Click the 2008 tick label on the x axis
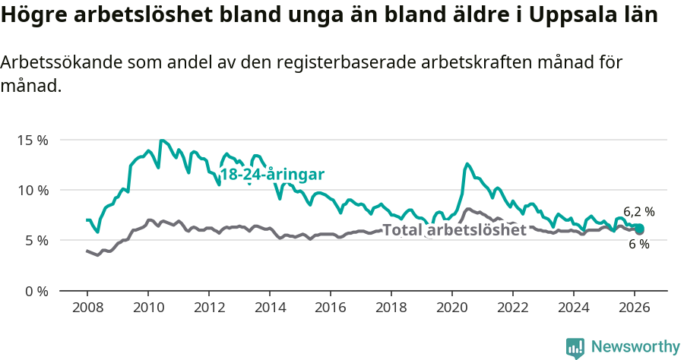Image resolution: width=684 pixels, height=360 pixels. click(87, 308)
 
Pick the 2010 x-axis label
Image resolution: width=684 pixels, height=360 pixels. click(147, 308)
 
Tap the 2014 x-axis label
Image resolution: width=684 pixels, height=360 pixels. click(269, 308)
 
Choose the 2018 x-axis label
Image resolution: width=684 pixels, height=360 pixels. click(391, 308)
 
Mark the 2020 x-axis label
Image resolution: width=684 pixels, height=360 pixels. click(452, 308)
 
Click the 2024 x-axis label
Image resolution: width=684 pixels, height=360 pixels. click(574, 308)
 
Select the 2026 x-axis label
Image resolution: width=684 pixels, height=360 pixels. click(635, 308)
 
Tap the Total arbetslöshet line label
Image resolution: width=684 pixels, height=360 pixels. click(454, 230)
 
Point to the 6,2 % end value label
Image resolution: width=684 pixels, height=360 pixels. click(638, 212)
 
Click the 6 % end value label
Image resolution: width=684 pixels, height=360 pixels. click(638, 244)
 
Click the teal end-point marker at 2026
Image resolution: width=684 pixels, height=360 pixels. click(639, 229)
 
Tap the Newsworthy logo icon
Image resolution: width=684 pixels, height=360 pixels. click(575, 348)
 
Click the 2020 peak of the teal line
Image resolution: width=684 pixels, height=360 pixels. click(467, 164)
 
